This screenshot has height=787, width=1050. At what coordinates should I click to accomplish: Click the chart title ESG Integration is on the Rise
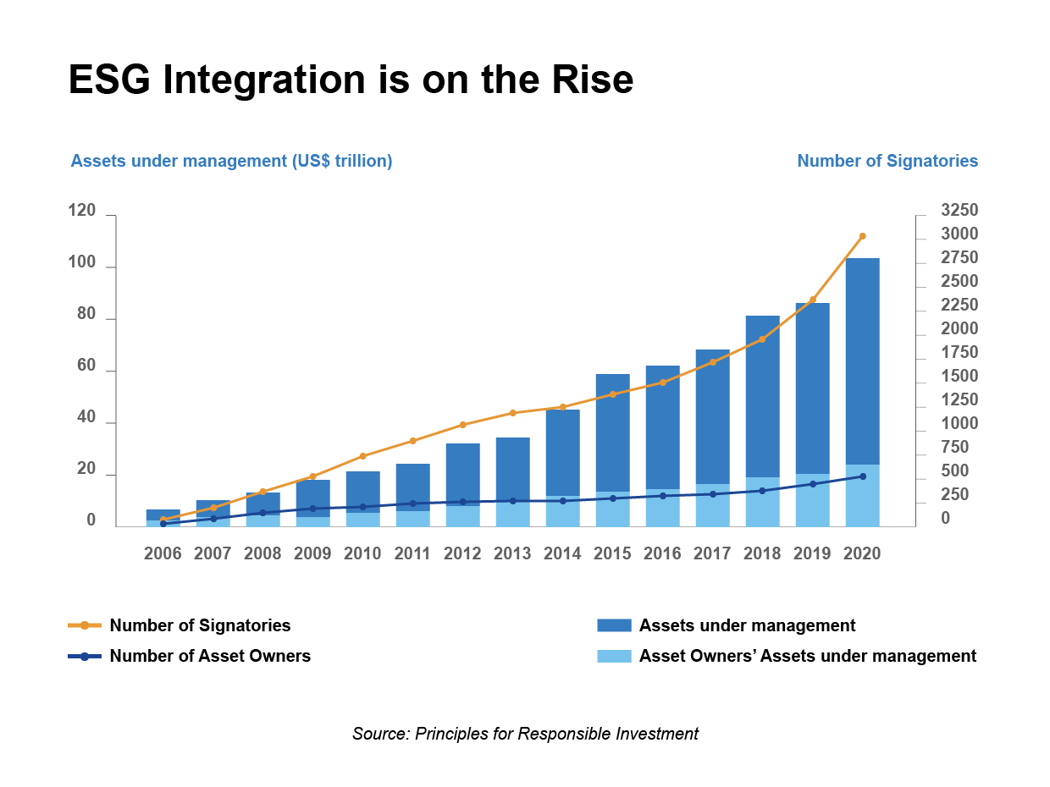click(351, 80)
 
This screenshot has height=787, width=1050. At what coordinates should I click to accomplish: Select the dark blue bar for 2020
click(862, 360)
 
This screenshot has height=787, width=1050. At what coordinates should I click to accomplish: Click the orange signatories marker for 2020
click(862, 236)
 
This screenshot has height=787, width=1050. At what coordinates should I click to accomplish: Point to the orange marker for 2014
click(562, 407)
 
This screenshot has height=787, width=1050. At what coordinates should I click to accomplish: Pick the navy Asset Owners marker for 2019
click(812, 484)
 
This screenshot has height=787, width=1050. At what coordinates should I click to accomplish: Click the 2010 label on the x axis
click(362, 553)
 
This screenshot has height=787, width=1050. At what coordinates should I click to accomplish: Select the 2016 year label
click(662, 553)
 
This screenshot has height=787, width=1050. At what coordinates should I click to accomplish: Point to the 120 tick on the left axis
click(82, 211)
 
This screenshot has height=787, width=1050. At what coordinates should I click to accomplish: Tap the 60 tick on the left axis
click(86, 366)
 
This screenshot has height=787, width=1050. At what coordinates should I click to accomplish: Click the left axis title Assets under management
click(231, 161)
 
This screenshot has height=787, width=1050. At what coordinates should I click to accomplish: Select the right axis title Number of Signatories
click(887, 161)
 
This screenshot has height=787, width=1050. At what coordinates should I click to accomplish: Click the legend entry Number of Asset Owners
click(209, 656)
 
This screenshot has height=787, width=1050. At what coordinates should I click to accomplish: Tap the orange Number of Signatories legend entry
click(200, 625)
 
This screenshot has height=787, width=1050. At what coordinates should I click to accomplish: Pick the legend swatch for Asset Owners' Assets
click(614, 656)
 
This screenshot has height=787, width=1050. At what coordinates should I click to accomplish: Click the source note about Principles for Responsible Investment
click(525, 734)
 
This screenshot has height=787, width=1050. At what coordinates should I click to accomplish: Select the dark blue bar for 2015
click(612, 432)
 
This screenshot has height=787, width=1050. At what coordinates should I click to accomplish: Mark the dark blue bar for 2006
click(163, 515)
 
